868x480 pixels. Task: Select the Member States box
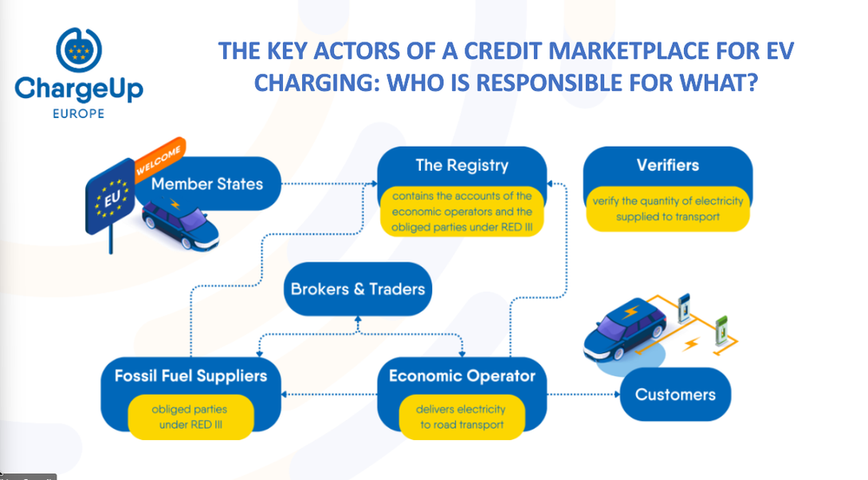206,184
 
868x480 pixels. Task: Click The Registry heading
462,166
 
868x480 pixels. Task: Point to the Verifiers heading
667,165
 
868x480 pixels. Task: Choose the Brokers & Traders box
358,288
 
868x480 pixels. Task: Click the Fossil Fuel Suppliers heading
191,376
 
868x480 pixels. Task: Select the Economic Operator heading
462,376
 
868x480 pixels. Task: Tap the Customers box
675,395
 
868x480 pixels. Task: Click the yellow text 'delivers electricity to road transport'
450,416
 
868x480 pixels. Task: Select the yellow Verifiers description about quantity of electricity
667,209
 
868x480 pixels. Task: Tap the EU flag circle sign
111,196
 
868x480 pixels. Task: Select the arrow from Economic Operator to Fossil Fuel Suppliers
331,396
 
